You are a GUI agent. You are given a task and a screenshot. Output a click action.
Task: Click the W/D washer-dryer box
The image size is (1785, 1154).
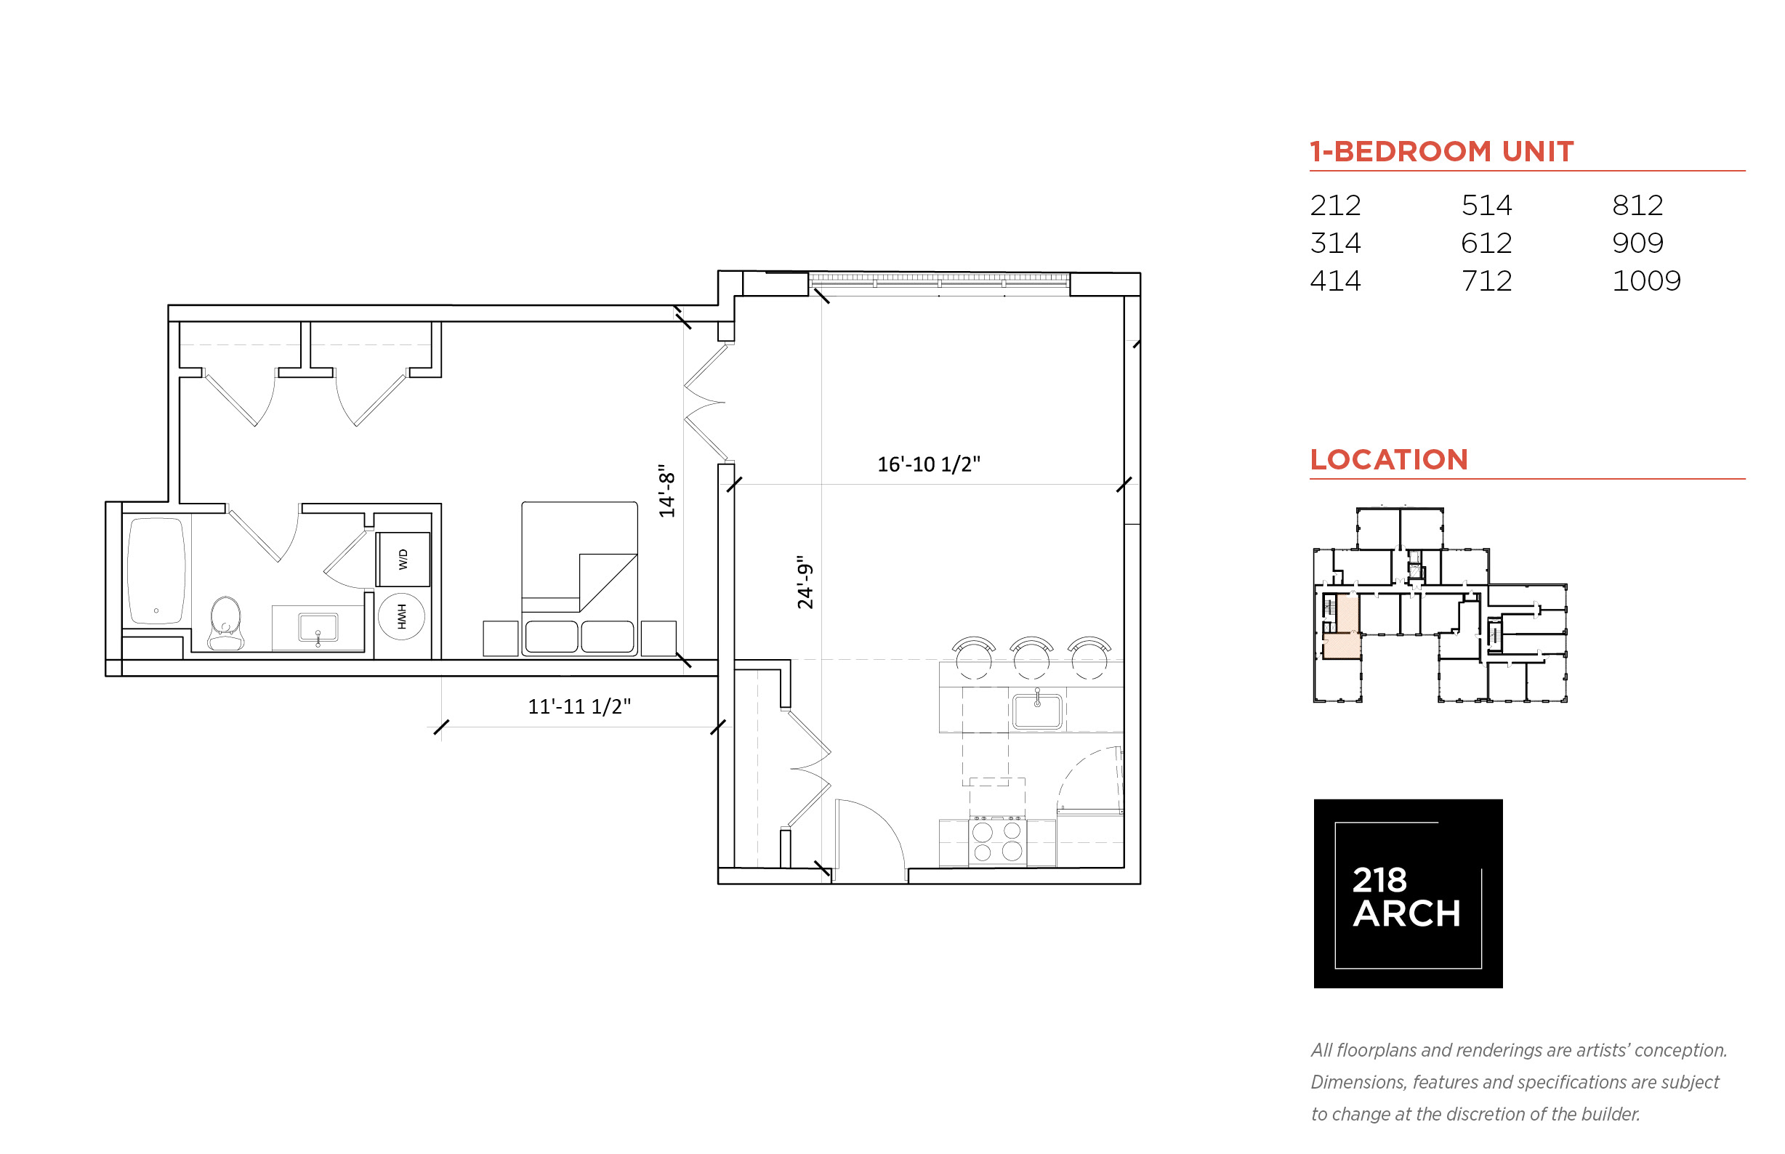(x=403, y=559)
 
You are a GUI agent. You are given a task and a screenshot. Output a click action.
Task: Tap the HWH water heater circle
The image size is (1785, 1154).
(x=402, y=617)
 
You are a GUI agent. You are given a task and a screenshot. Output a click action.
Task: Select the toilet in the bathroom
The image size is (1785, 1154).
(x=225, y=624)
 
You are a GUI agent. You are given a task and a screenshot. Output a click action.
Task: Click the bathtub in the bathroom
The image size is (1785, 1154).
(x=156, y=571)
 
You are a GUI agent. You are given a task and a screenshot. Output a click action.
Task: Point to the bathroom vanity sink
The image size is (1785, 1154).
(x=318, y=628)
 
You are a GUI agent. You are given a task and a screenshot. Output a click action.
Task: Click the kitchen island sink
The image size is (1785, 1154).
(x=1037, y=711)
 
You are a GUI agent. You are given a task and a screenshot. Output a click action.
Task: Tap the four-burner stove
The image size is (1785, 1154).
(x=997, y=842)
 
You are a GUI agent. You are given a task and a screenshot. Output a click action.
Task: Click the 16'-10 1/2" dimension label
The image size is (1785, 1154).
(x=928, y=464)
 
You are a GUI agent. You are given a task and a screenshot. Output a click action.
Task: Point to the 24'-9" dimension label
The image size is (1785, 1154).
(x=805, y=582)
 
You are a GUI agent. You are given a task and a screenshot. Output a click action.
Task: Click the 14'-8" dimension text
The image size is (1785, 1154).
(x=666, y=491)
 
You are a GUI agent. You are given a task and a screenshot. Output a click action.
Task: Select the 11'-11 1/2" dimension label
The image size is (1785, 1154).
(x=579, y=706)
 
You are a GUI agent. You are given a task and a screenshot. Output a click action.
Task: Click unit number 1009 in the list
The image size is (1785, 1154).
(x=1645, y=281)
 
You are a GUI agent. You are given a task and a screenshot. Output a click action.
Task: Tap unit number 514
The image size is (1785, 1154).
(x=1486, y=206)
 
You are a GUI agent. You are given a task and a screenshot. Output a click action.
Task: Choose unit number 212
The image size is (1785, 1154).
(x=1334, y=206)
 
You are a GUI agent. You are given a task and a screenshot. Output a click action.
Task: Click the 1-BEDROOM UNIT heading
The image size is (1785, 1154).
(x=1441, y=151)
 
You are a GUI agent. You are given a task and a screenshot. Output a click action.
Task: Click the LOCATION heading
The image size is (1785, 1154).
(x=1389, y=459)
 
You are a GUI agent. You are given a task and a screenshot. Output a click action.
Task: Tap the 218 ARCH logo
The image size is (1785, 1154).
(x=1407, y=894)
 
